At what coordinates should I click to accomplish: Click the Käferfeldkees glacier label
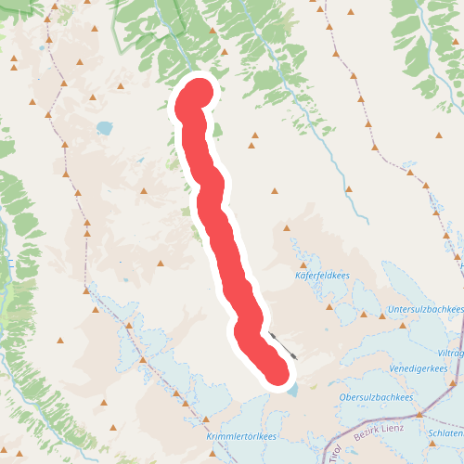pyautogui.click(x=321, y=276)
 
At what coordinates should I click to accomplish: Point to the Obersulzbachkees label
pyautogui.click(x=377, y=397)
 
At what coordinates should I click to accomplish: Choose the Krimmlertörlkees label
pyautogui.click(x=241, y=436)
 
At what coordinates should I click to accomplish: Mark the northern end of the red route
pyautogui.click(x=197, y=96)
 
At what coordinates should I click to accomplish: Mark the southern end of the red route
pyautogui.click(x=276, y=371)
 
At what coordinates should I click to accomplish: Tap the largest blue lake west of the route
pyautogui.click(x=104, y=127)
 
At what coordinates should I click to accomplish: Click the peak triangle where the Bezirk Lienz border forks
pyautogui.click(x=419, y=414)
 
